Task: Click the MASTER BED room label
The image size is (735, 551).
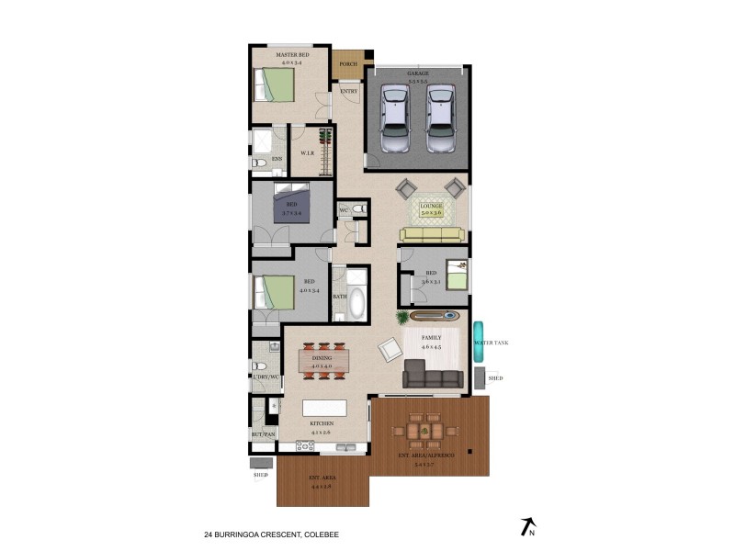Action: pos(291,56)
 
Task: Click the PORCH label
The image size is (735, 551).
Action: pos(348,64)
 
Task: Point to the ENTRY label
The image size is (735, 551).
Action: pos(349,91)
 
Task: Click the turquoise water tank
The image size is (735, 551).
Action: pos(479,342)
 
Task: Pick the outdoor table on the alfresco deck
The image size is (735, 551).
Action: pos(424,430)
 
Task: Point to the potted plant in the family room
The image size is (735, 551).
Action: pos(402,318)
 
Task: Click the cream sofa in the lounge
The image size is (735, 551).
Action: pos(433,235)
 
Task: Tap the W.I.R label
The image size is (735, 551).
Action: pos(308,153)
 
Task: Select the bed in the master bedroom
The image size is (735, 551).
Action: pos(275,85)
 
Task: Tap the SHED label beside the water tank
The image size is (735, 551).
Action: pos(495,377)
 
